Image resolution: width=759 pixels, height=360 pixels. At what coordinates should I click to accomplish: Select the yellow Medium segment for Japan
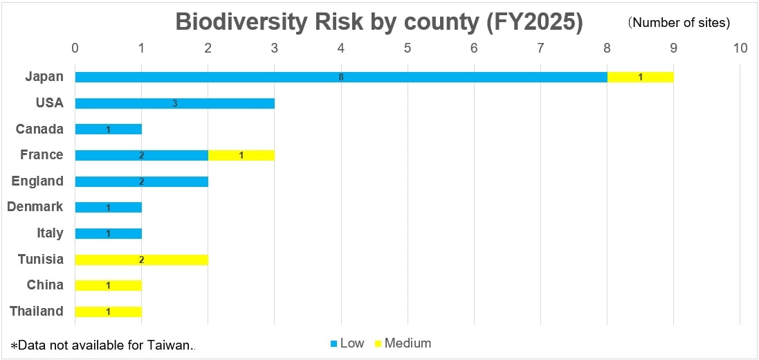click(640, 77)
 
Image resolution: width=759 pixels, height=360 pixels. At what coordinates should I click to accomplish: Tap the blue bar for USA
click(174, 103)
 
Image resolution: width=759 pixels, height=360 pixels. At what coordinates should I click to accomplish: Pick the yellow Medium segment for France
click(241, 155)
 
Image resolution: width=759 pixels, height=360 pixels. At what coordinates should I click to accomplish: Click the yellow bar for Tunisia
click(141, 260)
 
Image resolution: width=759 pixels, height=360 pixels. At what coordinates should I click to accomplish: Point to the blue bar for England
click(141, 181)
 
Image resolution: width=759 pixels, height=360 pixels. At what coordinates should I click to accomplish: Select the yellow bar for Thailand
click(108, 312)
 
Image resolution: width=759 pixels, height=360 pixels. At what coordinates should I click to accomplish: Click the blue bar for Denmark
click(108, 208)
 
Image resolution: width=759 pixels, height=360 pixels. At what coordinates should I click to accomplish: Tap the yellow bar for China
click(108, 285)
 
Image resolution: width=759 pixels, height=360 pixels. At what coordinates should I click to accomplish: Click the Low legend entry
click(347, 343)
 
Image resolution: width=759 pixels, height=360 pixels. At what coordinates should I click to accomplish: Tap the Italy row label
click(50, 233)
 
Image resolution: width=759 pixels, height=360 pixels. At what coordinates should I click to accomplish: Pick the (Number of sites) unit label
click(679, 23)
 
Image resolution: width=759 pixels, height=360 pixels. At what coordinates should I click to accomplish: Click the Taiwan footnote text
click(104, 345)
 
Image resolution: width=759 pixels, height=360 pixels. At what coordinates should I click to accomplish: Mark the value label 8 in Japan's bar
click(341, 77)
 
